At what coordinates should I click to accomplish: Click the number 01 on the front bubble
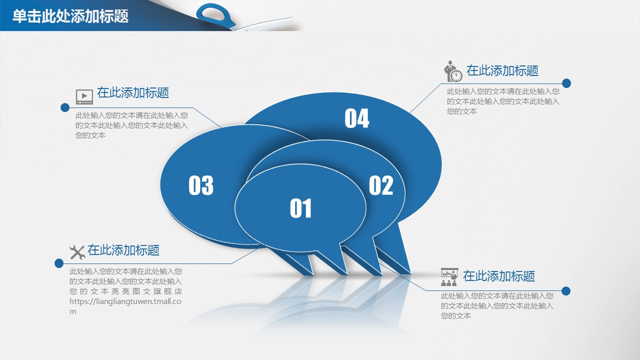(300, 208)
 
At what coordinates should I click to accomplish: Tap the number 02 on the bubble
(381, 185)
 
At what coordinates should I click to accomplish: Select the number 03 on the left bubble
(201, 185)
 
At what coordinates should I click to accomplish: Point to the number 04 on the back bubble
(357, 118)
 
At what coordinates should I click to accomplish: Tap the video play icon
(84, 96)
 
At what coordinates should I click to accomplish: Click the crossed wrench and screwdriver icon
(77, 252)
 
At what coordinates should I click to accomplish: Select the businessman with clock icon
(453, 71)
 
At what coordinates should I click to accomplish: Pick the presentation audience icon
(449, 277)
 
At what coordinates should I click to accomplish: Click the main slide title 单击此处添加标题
(70, 16)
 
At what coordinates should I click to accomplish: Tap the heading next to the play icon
(133, 92)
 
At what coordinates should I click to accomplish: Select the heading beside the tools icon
(123, 250)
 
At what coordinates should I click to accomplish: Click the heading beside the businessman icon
(502, 70)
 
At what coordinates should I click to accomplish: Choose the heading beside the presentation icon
(499, 276)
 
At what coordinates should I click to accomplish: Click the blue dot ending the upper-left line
(65, 107)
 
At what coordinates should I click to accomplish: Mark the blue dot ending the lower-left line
(59, 263)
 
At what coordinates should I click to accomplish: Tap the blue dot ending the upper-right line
(566, 83)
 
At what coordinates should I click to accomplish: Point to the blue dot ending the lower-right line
(565, 291)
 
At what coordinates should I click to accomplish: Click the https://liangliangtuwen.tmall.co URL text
(125, 301)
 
